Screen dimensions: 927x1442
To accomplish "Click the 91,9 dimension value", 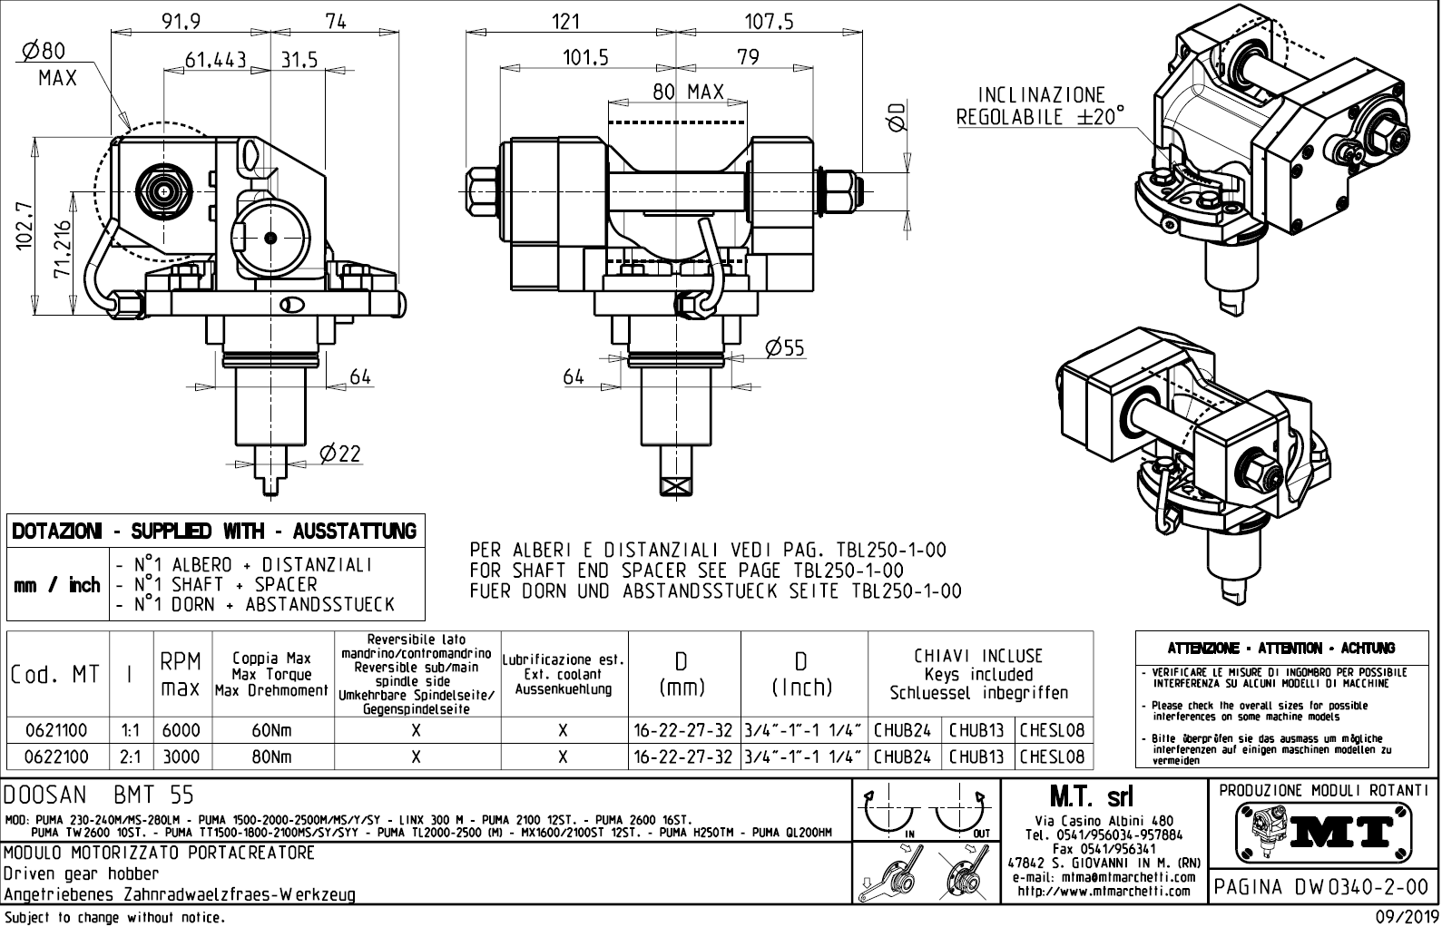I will point(181,21).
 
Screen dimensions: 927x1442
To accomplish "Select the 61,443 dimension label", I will point(216,60).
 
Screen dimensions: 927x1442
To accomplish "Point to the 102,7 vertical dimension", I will point(25,225).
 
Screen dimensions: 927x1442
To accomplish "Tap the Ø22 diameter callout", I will point(339,454).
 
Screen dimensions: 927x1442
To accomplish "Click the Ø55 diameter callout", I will point(784,347).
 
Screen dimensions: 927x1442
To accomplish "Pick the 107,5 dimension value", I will point(769,21).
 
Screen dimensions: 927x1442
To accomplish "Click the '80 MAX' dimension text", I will point(689,92).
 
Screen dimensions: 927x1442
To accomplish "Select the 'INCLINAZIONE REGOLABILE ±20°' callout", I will point(1040,106).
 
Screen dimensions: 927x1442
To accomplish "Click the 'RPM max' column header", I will point(181,674).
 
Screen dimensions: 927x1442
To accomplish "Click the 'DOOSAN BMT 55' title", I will point(100,795).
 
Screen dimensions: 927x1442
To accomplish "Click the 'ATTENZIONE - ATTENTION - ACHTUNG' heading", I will point(1281,649).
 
